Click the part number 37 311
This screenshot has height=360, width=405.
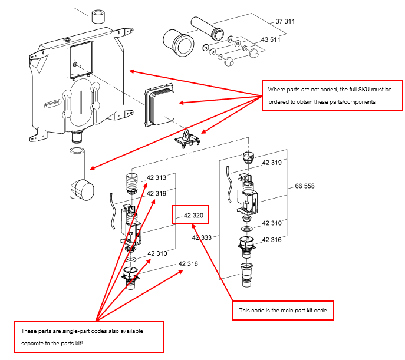(x=285, y=21)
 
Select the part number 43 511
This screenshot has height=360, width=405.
(x=271, y=39)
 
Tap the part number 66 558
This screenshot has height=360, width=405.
(x=305, y=186)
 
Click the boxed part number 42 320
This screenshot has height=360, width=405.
(x=193, y=216)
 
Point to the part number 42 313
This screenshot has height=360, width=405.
(x=156, y=177)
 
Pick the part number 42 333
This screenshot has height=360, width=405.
(x=202, y=237)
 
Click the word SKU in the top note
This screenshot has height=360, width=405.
(x=364, y=90)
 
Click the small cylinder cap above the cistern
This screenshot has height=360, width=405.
(x=98, y=16)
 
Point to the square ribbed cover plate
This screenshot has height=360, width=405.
(x=160, y=105)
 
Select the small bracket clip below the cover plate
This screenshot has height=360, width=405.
(x=188, y=139)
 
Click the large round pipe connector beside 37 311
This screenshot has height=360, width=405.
(x=179, y=43)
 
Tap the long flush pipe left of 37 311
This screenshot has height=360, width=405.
(x=208, y=29)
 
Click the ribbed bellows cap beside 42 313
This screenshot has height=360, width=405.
(x=132, y=183)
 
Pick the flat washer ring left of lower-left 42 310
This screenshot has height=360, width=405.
(x=131, y=259)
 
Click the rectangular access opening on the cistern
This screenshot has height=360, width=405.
(x=81, y=60)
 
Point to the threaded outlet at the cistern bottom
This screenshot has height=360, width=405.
(x=77, y=136)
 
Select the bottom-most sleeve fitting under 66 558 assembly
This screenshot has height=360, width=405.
(x=247, y=275)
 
